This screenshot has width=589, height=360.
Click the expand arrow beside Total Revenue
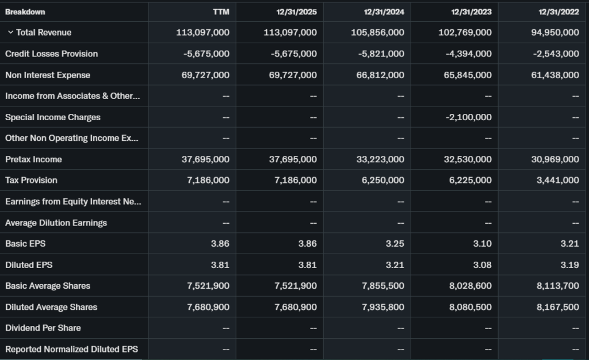[10, 33]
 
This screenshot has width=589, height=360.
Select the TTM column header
[221, 12]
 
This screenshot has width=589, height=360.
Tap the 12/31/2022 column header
[559, 12]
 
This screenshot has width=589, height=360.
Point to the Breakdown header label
[25, 12]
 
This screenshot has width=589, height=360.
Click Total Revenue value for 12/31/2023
[465, 33]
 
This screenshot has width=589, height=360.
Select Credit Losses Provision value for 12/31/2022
[554, 54]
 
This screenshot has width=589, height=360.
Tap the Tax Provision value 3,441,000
[557, 181]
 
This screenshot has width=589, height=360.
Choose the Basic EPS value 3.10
[482, 244]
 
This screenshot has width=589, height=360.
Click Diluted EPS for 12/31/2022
[569, 265]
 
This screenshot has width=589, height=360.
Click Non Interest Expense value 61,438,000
[554, 75]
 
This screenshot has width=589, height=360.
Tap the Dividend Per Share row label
[43, 328]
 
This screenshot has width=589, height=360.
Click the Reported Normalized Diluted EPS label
[71, 349]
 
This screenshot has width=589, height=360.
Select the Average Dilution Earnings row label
[56, 223]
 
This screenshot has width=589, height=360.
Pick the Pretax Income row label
[33, 159]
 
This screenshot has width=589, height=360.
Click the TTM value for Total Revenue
[202, 33]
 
